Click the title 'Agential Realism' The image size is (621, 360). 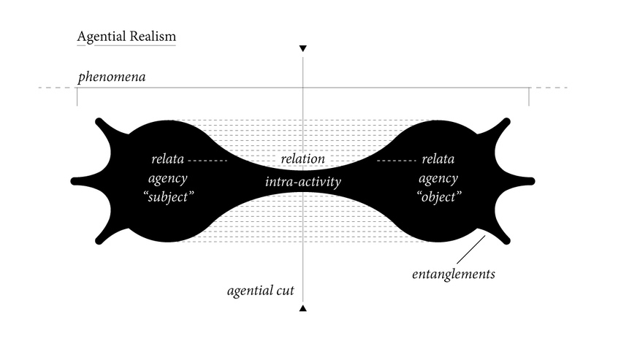(126, 36)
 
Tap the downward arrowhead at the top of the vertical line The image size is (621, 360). (303, 49)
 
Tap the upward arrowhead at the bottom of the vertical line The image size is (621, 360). (303, 309)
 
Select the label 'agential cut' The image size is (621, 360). (261, 291)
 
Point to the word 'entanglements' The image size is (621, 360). (454, 275)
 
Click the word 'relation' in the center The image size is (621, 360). (302, 159)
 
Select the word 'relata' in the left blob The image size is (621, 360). (167, 159)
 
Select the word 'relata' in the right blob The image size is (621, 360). (438, 159)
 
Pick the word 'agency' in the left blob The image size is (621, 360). (167, 178)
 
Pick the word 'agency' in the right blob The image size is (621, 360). (438, 178)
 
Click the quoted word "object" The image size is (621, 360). (438, 198)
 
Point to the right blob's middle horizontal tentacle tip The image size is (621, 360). (531, 180)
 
